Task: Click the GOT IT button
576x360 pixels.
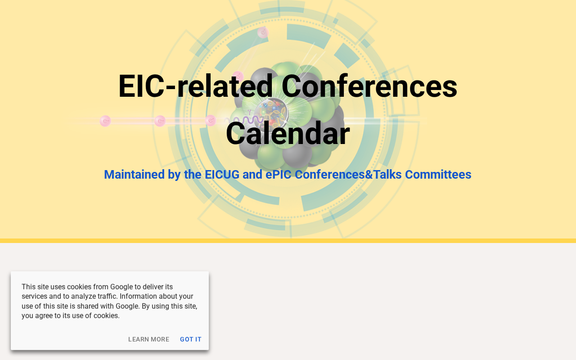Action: [190, 339]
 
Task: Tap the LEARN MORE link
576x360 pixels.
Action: [148, 339]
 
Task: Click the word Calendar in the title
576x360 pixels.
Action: [288, 134]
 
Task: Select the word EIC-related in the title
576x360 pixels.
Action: [195, 86]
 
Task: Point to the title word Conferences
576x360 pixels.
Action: [369, 86]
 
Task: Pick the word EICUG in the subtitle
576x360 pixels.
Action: [222, 174]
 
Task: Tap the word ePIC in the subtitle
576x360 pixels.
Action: [278, 174]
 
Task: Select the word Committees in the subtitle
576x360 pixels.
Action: [438, 174]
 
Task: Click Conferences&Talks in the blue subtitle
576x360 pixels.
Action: [348, 174]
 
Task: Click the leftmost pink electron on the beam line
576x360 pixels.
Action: [105, 121]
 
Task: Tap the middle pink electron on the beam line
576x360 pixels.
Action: [160, 121]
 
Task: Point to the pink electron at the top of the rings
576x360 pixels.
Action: [263, 33]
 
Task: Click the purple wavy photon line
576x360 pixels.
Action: [243, 120]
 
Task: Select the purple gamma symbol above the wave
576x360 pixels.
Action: [249, 112]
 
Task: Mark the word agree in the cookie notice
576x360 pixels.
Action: [44, 316]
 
